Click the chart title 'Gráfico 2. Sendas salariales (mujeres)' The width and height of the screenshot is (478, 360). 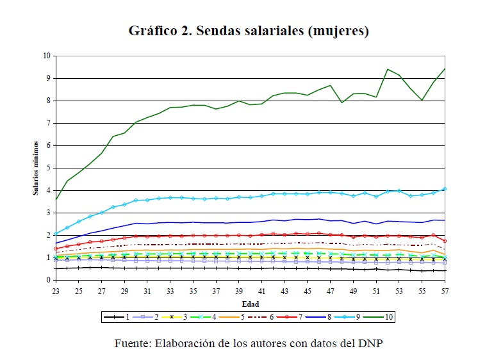[x=249, y=30]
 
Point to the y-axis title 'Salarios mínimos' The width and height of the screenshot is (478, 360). [x=37, y=168]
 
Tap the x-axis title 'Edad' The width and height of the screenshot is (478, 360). [x=250, y=303]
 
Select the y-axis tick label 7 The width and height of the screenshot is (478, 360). [x=47, y=123]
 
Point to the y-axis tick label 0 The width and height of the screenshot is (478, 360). [x=47, y=280]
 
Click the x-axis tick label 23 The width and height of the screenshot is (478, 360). [x=56, y=291]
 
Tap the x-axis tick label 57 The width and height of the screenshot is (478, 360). [x=444, y=291]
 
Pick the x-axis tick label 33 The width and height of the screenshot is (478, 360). [x=170, y=291]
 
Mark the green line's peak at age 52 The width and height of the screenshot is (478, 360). [x=388, y=69]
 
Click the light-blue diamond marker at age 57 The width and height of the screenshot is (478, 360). [x=445, y=189]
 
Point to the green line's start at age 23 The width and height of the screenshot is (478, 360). [x=56, y=199]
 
